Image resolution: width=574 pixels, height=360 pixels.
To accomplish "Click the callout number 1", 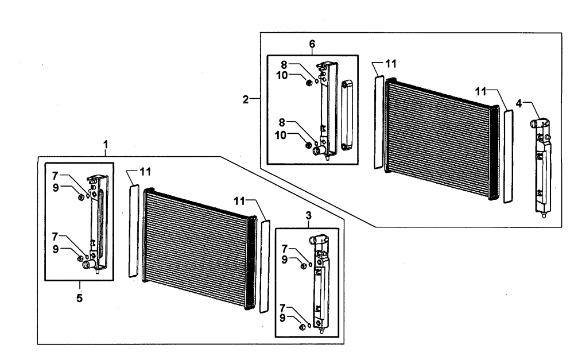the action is pos(106,145).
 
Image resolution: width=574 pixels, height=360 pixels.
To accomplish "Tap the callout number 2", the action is pos(246,99).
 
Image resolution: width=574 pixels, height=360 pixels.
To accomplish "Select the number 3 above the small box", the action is pos(309,215).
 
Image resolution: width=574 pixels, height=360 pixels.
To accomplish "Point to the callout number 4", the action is pos(519,103).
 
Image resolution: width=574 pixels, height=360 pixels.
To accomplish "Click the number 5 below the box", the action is pos(79,298).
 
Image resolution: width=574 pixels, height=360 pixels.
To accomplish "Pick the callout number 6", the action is pos(312,44).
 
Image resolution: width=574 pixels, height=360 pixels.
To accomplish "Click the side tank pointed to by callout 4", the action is pos(541,167).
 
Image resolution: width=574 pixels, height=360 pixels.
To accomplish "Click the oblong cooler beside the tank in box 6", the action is pos(347,116).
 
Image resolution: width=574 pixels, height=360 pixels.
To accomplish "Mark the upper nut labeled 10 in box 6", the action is pos(309,83).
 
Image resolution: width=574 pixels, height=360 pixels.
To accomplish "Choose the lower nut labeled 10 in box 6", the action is pos(308,145).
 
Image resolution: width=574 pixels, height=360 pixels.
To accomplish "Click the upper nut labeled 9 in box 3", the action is pos(303,266).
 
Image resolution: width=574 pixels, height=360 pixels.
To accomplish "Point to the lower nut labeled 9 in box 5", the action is pos(80,259).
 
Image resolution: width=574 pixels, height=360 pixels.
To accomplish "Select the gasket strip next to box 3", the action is pos(264,266).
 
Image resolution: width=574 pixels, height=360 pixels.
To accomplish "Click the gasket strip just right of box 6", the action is pos(379,122).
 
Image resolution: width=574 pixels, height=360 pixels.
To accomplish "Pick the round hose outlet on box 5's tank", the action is pos(87,265).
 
